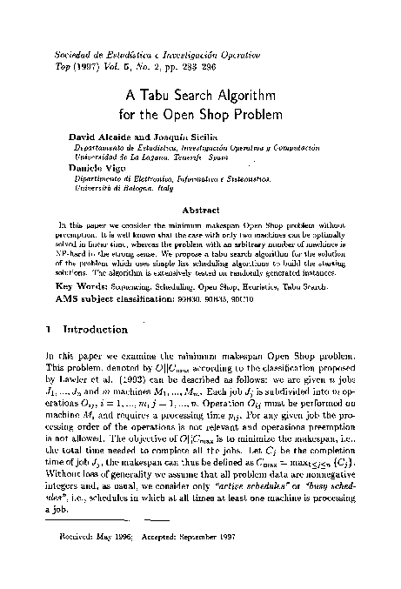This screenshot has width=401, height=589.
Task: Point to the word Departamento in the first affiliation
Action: coord(97,148)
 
